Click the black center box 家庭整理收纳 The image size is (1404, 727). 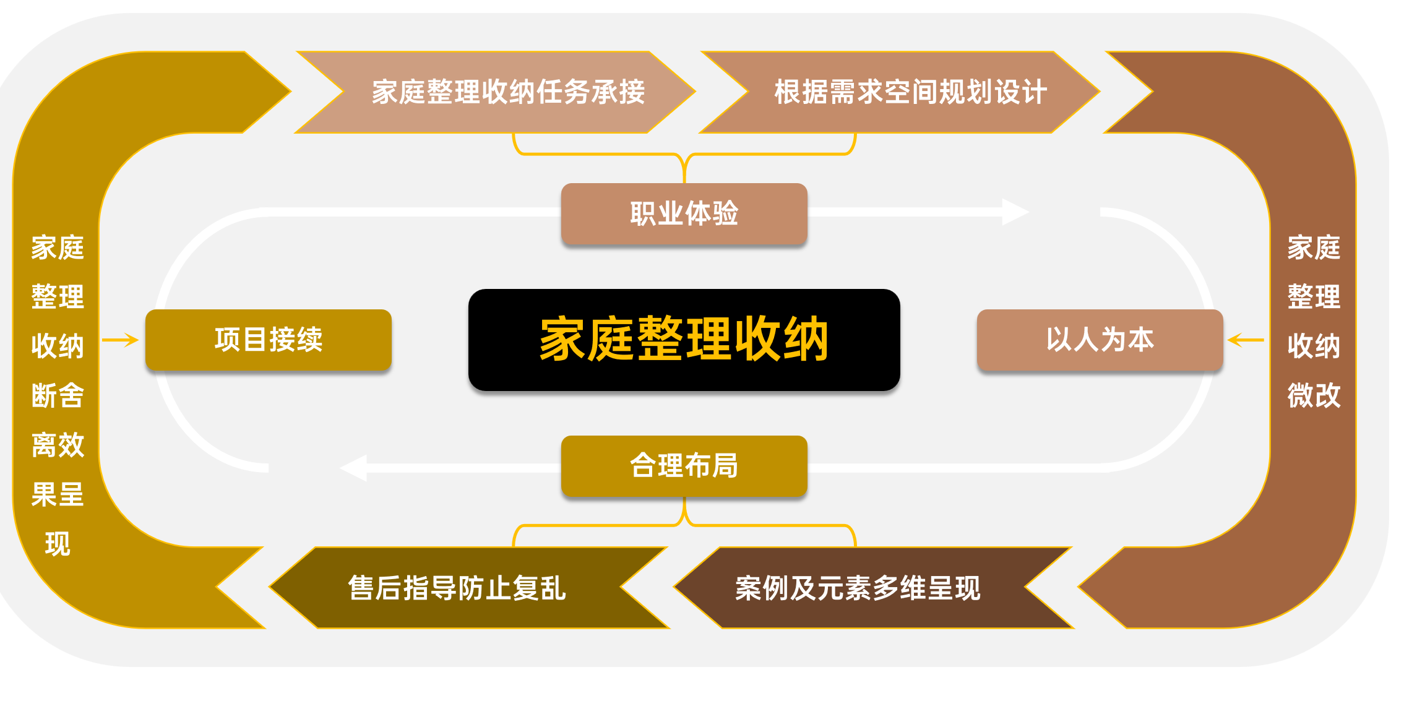[x=684, y=339]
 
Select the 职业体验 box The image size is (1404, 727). [x=684, y=213]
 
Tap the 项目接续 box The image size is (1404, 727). [x=268, y=340]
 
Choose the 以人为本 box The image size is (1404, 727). [x=1100, y=340]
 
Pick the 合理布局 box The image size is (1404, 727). [x=684, y=466]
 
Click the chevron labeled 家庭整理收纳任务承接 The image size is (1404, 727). [x=507, y=92]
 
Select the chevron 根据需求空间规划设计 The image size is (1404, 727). [x=910, y=92]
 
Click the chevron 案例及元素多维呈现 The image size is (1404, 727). [x=858, y=588]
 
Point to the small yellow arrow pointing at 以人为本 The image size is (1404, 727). [x=1245, y=340]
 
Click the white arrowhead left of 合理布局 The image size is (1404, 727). [x=355, y=468]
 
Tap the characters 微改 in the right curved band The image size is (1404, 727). [x=1314, y=395]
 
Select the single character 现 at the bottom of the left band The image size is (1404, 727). [x=58, y=544]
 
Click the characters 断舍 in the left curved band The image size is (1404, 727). [x=58, y=395]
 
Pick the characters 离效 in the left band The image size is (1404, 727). [x=58, y=445]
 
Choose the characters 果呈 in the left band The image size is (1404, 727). [x=58, y=494]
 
